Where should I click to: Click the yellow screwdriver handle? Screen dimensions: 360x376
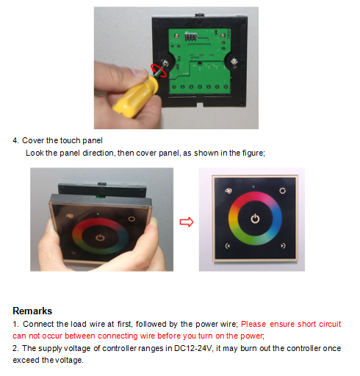[135, 97]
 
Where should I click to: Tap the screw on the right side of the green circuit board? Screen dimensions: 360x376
[234, 61]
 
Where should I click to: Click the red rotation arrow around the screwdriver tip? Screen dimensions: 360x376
[159, 70]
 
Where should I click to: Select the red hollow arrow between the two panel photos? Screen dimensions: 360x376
[187, 222]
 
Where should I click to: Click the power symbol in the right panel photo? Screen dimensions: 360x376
[255, 218]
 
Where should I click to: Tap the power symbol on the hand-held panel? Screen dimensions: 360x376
[100, 237]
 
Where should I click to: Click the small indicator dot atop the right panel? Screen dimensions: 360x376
[253, 187]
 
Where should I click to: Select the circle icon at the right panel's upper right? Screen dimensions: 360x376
[283, 190]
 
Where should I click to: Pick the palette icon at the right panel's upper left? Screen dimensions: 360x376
[228, 191]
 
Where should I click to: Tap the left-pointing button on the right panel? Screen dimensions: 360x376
[228, 245]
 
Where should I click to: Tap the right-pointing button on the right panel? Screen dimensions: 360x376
[283, 245]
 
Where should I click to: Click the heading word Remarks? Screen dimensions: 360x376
[32, 311]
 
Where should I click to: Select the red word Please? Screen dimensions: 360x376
[253, 324]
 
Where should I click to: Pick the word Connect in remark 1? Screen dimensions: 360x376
[38, 324]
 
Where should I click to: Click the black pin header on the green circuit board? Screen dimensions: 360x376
[191, 36]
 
